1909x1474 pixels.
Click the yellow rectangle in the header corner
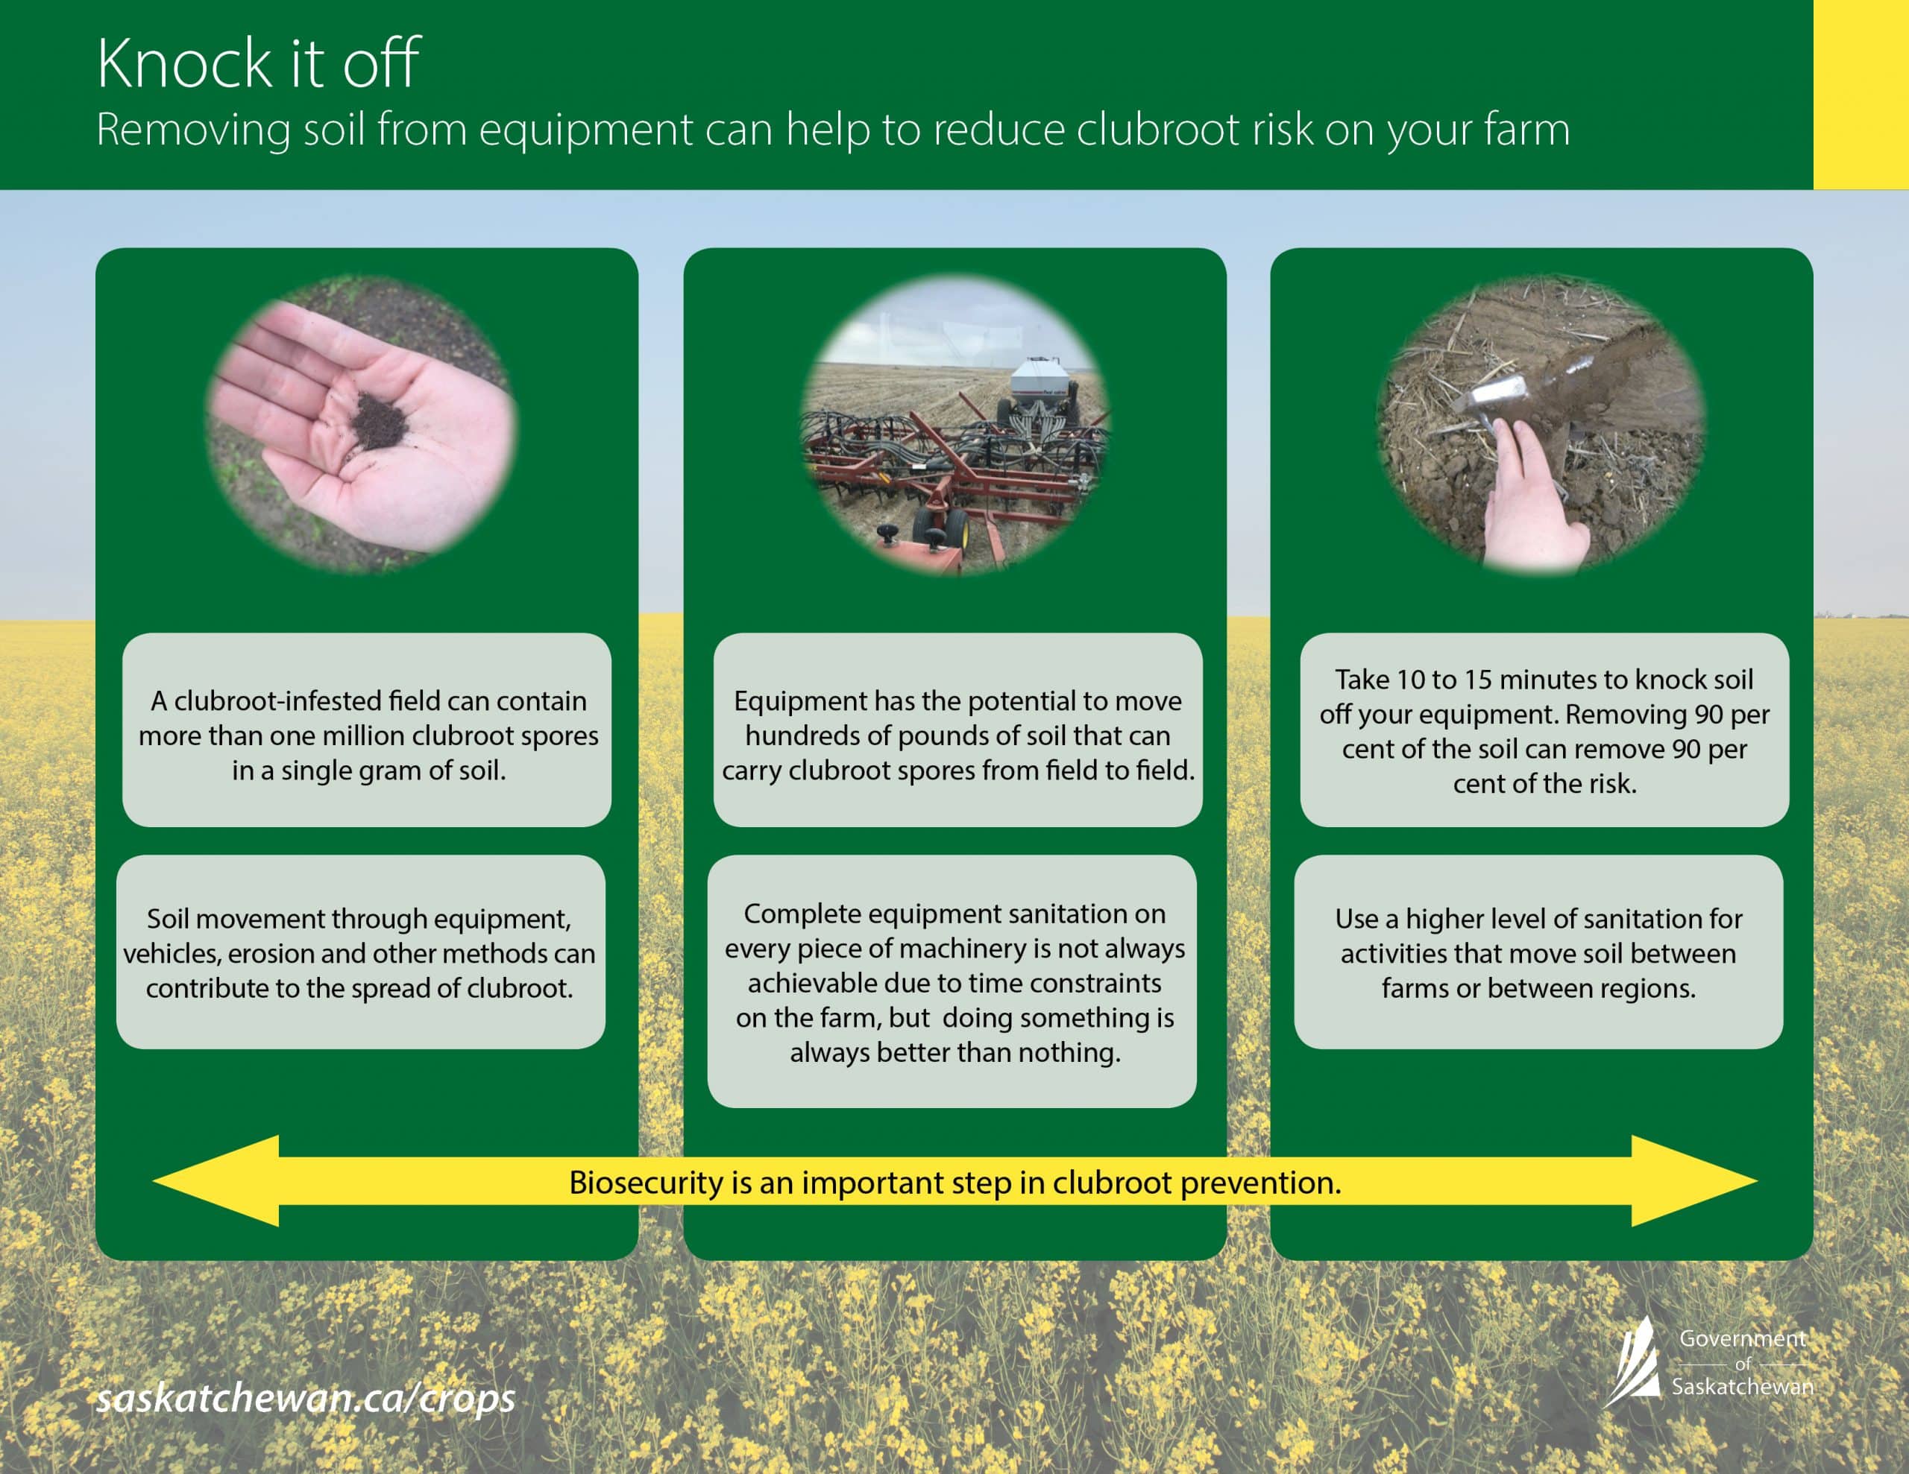click(1861, 95)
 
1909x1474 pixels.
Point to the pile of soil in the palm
click(379, 421)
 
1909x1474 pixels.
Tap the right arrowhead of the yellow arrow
click(1694, 1180)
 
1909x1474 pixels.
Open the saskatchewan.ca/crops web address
click(305, 1399)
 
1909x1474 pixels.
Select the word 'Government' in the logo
click(1742, 1338)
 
